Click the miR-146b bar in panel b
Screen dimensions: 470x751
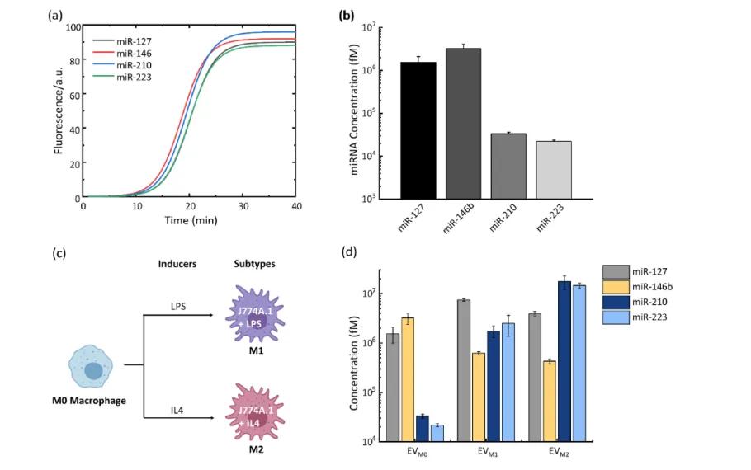[463, 124]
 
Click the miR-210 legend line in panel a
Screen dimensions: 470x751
[103, 65]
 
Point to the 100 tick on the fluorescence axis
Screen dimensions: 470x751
[72, 26]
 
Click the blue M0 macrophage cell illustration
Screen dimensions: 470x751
[92, 370]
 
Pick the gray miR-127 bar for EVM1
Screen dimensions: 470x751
[464, 370]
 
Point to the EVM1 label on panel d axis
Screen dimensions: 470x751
[487, 452]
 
